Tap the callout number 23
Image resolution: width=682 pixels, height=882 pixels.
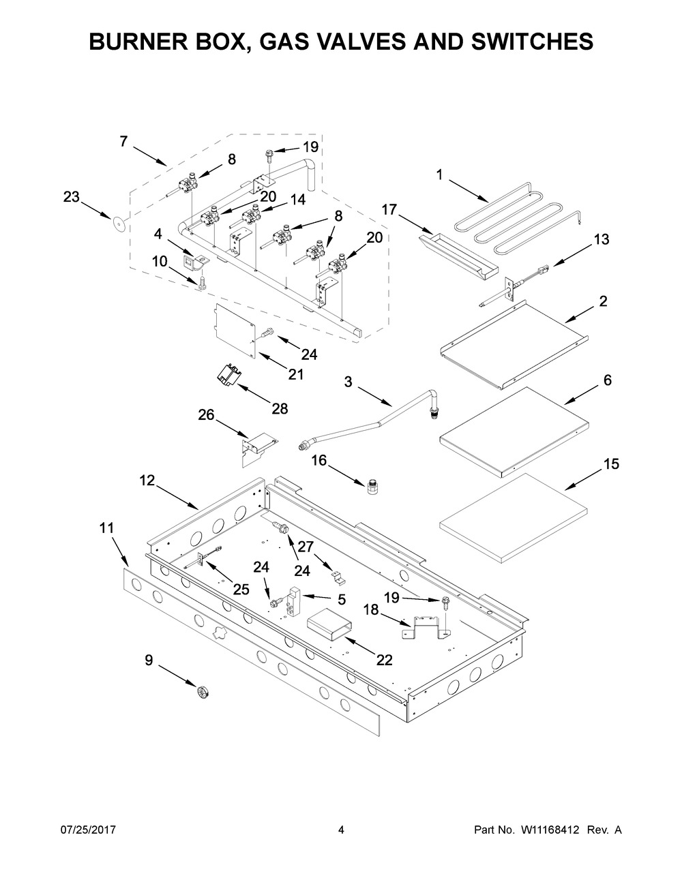pos(72,197)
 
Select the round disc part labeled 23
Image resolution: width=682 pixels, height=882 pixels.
pos(119,224)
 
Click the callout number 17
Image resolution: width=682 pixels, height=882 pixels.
pos(389,210)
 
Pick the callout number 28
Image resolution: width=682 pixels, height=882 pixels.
pos(280,408)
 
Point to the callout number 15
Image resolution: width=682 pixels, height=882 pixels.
pos(612,464)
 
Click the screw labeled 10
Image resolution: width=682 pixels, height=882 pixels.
pos(202,283)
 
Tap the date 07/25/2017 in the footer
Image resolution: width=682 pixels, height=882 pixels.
pos(88,830)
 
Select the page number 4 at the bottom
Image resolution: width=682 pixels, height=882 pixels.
pos(341,830)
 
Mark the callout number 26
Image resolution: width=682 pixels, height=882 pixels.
pos(206,415)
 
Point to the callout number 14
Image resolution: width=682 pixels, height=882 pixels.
pos(297,200)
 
